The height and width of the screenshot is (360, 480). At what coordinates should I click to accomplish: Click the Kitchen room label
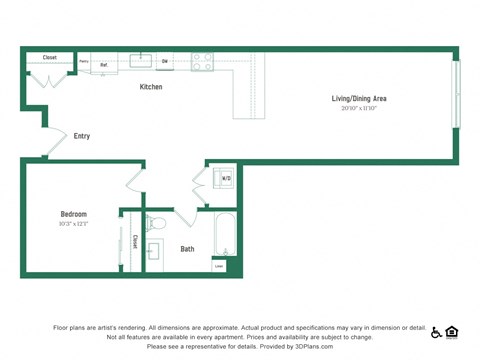pos(151,87)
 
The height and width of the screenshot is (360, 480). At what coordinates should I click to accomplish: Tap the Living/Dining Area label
pos(359,98)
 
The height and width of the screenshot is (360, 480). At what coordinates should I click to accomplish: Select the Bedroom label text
pos(73,214)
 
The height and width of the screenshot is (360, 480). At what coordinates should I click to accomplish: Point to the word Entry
pos(82,136)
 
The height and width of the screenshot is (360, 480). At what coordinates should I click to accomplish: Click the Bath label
pos(187,249)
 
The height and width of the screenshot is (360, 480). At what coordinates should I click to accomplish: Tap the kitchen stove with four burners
pos(202,61)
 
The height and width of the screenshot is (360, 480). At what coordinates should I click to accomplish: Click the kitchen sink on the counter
pos(141,60)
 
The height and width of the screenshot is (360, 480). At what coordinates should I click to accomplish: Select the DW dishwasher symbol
pos(165,62)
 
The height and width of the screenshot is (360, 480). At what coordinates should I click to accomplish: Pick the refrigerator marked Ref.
pos(103,64)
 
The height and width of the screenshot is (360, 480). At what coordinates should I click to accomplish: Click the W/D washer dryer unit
pos(225,179)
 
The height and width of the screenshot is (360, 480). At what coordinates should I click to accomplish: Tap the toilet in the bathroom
pos(154,223)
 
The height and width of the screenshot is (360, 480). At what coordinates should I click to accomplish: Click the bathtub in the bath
pos(225,236)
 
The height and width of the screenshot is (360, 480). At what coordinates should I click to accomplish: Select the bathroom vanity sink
pos(154,251)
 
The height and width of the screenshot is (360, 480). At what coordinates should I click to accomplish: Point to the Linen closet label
pos(219,266)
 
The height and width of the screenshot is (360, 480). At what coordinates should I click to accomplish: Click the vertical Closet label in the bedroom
pos(135,242)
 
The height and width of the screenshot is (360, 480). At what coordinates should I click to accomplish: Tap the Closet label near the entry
pos(49,58)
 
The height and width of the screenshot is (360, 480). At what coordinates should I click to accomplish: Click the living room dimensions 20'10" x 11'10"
pos(359,108)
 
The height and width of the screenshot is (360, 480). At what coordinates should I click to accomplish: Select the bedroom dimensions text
pos(73,224)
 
